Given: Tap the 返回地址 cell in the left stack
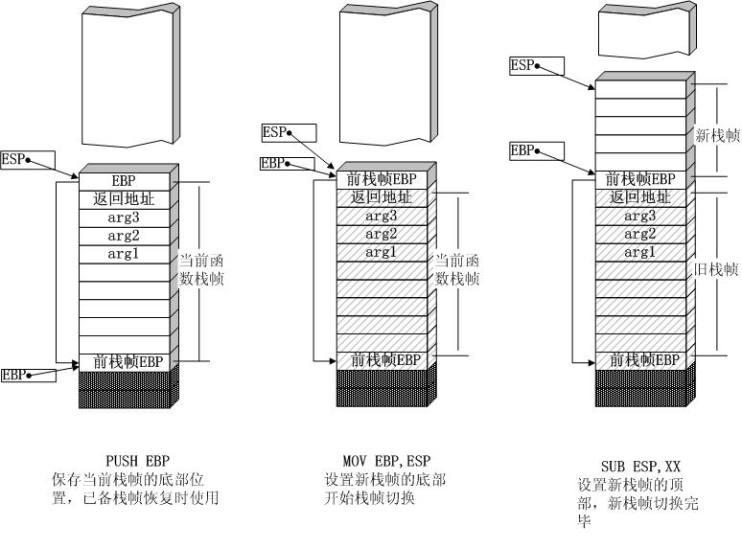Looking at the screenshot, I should click(x=123, y=199).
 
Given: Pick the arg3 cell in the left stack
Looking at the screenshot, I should click(x=123, y=217).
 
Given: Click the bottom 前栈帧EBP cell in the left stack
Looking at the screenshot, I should click(x=123, y=361).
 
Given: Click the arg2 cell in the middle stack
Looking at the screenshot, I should click(x=381, y=234).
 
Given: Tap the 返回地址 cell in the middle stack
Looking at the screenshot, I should click(x=381, y=197).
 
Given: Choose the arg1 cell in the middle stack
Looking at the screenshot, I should click(x=381, y=252).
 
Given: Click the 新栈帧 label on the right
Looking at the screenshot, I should click(x=717, y=136).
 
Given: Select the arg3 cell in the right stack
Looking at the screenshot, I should click(x=639, y=217).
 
